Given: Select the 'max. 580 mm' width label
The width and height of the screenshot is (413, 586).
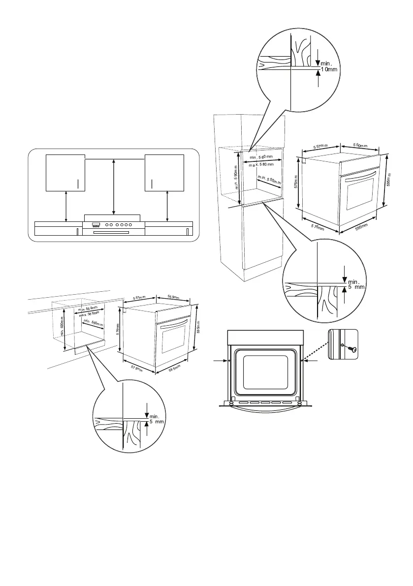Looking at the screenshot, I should [x=261, y=165].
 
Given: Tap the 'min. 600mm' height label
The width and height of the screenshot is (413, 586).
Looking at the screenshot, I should [x=62, y=326].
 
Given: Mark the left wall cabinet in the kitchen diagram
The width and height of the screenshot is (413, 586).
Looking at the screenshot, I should [x=65, y=172].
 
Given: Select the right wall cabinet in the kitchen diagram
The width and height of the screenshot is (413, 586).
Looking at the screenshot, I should [x=164, y=172].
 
